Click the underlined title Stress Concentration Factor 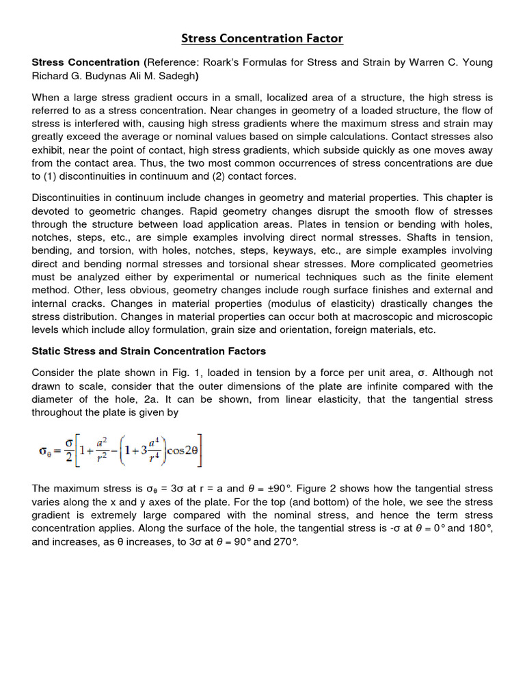click(262, 38)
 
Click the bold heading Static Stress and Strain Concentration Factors click(149, 351)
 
